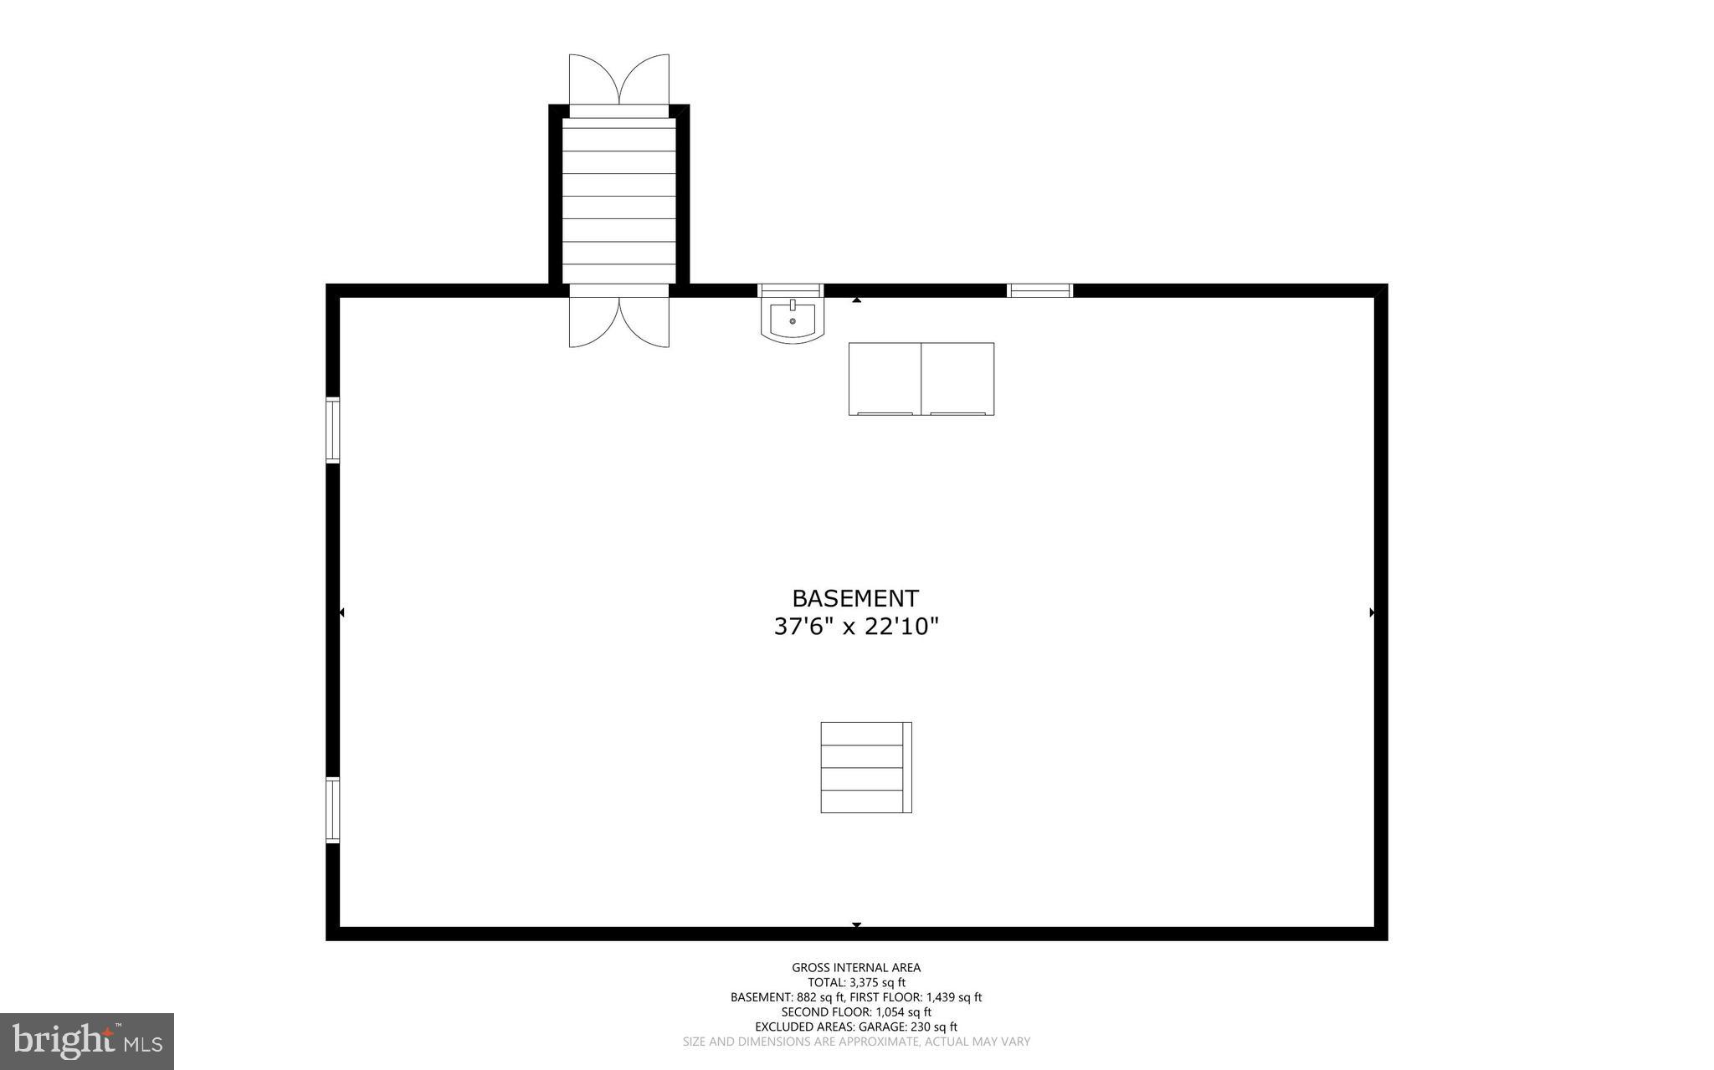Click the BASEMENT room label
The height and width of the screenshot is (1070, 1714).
(855, 599)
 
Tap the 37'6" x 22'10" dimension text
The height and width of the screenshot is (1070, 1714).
(856, 627)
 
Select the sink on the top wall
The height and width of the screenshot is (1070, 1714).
(792, 320)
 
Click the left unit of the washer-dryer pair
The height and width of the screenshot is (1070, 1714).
(885, 378)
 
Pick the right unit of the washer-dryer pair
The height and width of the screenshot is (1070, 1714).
(957, 378)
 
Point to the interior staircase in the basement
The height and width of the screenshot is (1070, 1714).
(865, 767)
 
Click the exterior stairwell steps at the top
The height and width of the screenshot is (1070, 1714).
(618, 201)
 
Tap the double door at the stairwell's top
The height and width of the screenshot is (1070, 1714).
(619, 81)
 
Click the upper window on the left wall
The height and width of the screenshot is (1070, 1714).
(333, 430)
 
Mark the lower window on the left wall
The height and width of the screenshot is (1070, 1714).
(333, 810)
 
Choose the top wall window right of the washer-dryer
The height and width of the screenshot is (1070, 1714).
(1039, 290)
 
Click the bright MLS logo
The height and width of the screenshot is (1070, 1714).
(87, 1042)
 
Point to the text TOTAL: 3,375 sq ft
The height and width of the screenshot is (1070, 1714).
(856, 983)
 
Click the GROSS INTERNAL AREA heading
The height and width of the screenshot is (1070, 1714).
(856, 968)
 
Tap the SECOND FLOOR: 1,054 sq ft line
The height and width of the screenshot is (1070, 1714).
(856, 1012)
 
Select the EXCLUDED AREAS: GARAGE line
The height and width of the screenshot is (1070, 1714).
(856, 1026)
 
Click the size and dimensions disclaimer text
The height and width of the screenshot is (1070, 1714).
(856, 1042)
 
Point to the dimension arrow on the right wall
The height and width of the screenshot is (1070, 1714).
(1372, 612)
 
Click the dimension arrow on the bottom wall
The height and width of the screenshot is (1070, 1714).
(856, 924)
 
